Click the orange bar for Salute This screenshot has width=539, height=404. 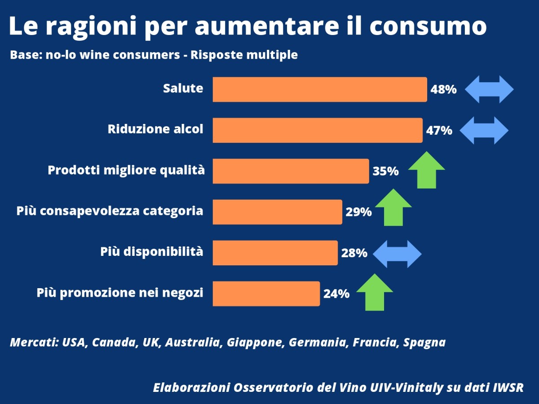coord(319,89)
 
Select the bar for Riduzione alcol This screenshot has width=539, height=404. coord(317,130)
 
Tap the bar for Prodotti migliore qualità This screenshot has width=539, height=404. coord(291,171)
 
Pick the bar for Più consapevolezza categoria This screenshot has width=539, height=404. coord(277,212)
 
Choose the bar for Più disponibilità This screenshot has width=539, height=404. coord(275,253)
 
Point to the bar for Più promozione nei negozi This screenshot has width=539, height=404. coord(266,294)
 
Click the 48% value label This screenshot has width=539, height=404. coord(443,89)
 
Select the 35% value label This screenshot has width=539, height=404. coord(385,171)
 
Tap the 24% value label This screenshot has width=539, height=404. coord(336,294)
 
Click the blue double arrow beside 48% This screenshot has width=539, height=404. coord(489,89)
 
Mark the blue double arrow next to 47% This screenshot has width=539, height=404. coord(484,130)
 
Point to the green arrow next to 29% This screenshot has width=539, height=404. coord(393,207)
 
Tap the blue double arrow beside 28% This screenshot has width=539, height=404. coord(397,254)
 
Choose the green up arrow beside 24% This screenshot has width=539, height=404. coord(374,293)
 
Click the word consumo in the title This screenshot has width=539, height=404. coord(428,26)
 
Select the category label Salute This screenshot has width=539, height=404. coord(183,88)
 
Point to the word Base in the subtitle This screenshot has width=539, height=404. coord(23,55)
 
